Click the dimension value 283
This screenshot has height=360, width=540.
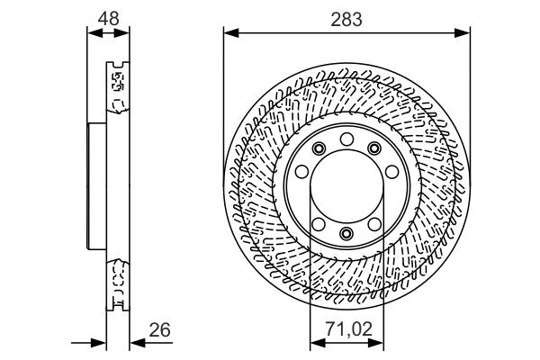tap(346, 19)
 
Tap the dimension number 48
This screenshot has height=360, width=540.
tap(109, 18)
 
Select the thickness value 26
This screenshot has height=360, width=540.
tap(159, 329)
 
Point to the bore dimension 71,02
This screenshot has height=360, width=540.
tap(349, 329)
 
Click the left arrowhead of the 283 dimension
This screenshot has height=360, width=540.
tap(231, 33)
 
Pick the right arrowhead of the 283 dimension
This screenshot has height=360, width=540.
tap(463, 33)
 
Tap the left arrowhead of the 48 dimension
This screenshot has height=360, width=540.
tap(95, 33)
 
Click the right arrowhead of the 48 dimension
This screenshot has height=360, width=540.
tap(121, 33)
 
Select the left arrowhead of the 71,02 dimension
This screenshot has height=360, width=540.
tap(318, 343)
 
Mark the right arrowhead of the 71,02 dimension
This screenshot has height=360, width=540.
tap(375, 343)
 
